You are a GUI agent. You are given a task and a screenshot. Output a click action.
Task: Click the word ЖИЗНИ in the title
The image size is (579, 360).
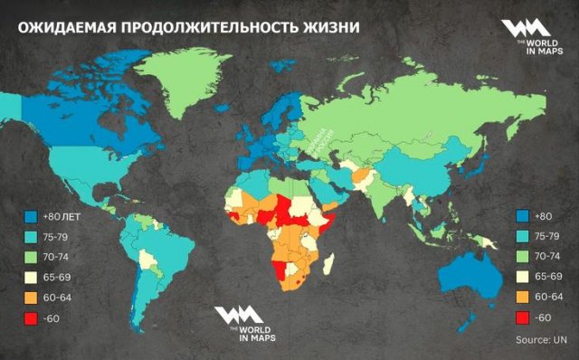pyautogui.click(x=327, y=27)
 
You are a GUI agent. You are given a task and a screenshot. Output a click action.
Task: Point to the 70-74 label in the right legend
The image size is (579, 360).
pyautogui.click(x=549, y=257)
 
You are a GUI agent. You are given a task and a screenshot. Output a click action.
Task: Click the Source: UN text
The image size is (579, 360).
pyautogui.click(x=538, y=339)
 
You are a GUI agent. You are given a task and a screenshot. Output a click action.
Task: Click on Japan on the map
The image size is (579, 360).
pyautogui.click(x=473, y=168)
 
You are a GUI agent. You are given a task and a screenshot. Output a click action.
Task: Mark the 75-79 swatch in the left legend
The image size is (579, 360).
pyautogui.click(x=32, y=237)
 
